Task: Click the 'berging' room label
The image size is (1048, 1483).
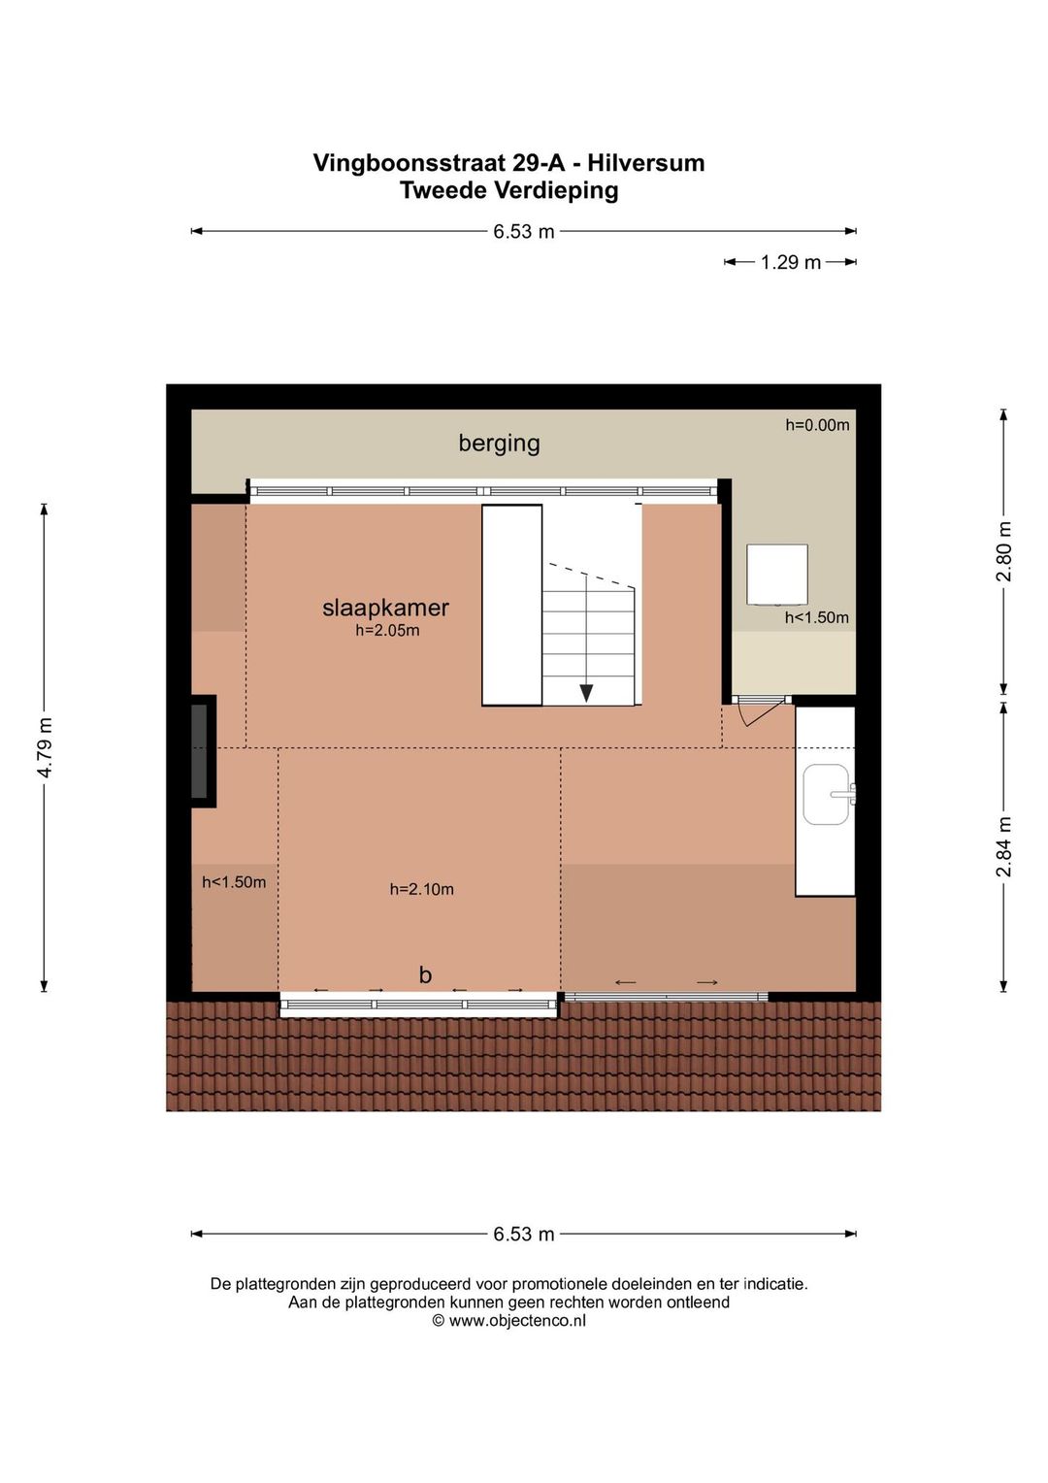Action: [499, 444]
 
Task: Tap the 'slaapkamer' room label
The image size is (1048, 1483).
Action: [385, 608]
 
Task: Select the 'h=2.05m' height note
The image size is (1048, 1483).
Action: [387, 630]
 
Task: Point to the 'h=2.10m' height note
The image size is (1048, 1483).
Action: [422, 889]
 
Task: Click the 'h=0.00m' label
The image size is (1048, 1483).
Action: [817, 425]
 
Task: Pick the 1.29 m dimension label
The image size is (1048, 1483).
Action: [791, 262]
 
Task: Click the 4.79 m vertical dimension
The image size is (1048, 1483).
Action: [45, 747]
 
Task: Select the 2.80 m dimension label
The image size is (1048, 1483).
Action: [1003, 551]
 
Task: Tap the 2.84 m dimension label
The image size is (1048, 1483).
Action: [1003, 846]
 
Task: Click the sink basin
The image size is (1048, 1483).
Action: [827, 795]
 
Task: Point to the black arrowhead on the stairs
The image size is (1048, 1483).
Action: [586, 693]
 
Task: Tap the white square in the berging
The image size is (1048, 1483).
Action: [777, 574]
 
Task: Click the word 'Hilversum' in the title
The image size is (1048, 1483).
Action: [646, 163]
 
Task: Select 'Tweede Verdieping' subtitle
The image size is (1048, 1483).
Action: [508, 190]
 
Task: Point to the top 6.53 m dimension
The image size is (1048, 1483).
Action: [523, 232]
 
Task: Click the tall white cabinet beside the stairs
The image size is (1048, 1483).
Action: [511, 605]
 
